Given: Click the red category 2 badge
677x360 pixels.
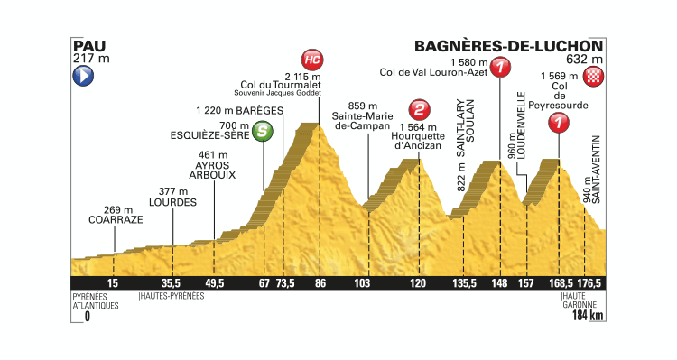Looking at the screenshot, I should [418, 110].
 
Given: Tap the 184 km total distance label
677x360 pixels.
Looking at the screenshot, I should [583, 317].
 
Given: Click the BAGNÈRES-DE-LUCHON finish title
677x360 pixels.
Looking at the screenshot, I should [507, 45].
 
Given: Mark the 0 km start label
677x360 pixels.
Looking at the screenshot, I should [88, 317].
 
